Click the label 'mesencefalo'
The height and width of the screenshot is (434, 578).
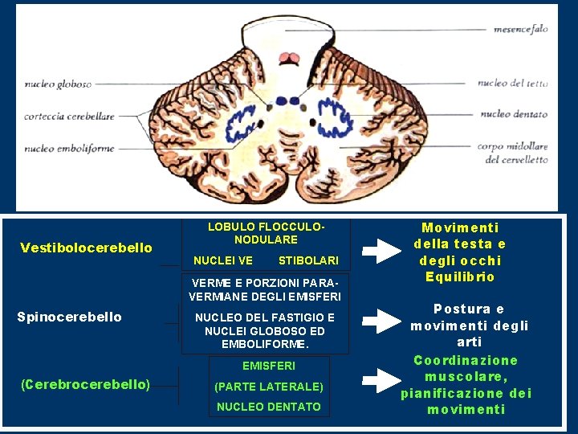[520, 29]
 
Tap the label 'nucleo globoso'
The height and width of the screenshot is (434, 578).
[58, 84]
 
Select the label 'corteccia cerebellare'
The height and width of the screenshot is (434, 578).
[69, 117]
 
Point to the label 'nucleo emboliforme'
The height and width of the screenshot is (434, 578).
[69, 149]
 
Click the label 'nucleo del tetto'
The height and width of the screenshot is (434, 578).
[513, 83]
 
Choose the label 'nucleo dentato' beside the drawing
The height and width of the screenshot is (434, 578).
[514, 114]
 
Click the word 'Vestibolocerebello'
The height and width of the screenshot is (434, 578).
[86, 248]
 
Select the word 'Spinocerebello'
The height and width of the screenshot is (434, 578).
[69, 317]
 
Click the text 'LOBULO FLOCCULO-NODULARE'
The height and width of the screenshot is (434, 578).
[266, 233]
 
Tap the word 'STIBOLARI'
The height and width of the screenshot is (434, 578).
[308, 260]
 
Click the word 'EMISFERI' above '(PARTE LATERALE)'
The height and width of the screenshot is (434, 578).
[269, 366]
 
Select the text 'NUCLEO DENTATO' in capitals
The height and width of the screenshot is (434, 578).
[269, 407]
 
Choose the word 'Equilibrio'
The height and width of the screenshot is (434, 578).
[460, 277]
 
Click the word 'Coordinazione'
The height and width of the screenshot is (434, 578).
[466, 360]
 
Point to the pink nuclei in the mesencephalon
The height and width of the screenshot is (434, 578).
[288, 58]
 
